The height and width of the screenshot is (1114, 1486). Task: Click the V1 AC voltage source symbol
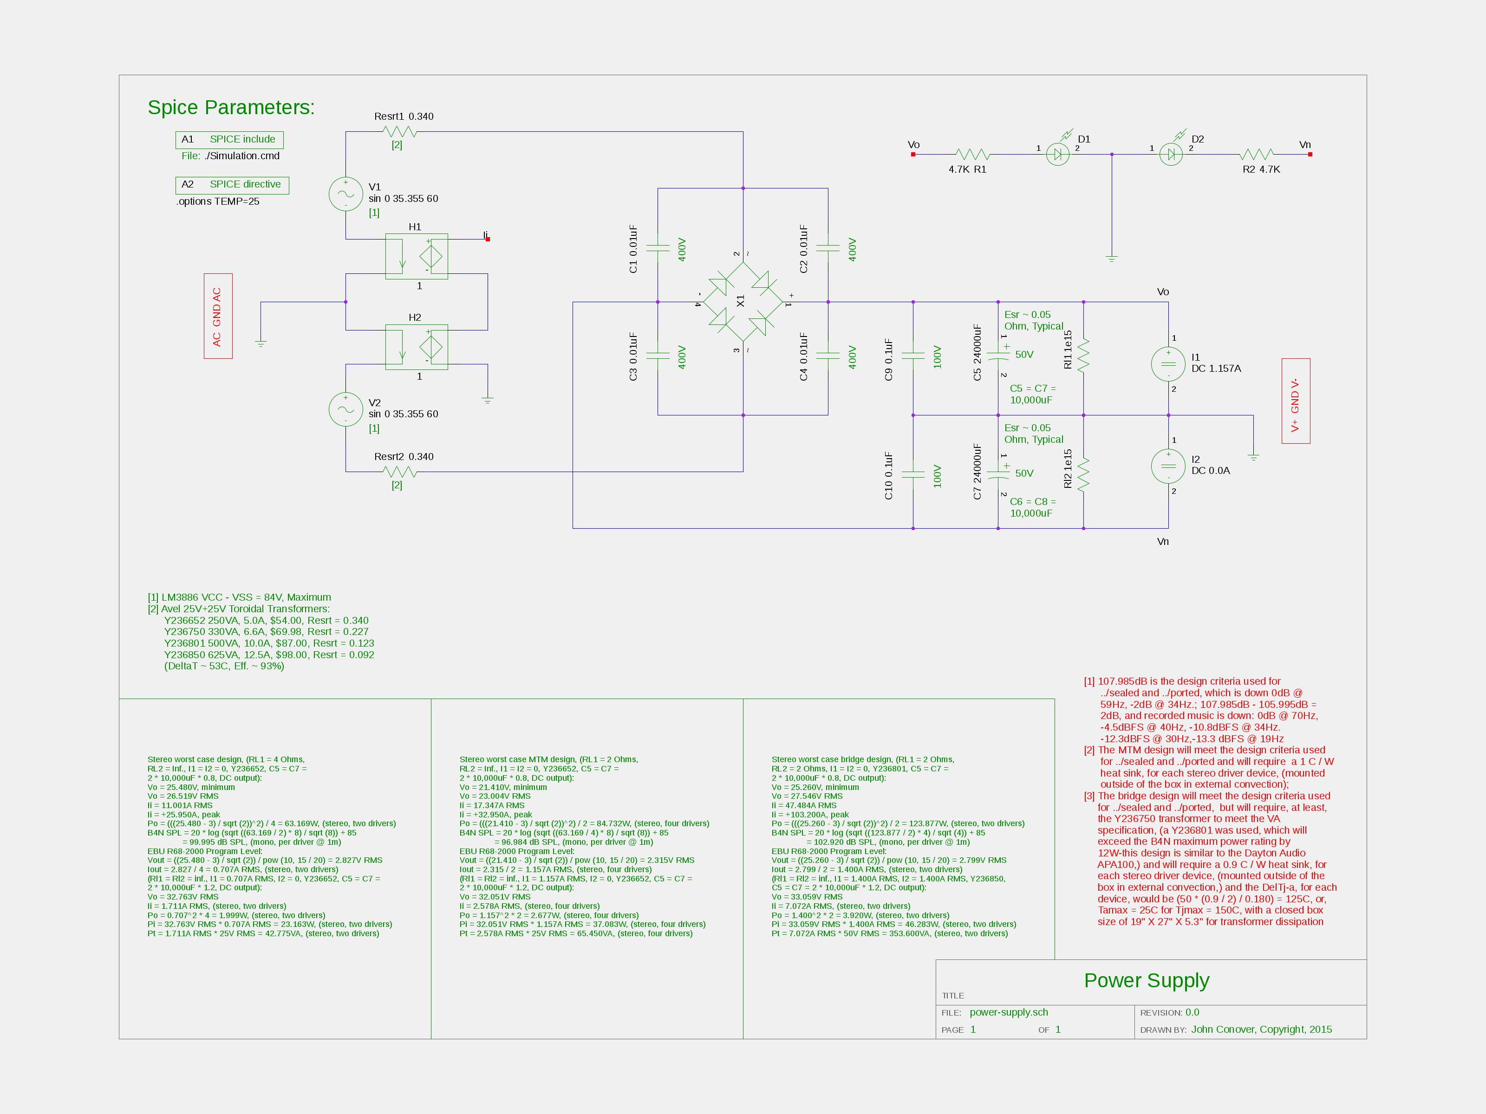click(345, 194)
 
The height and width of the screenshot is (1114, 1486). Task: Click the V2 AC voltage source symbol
click(345, 409)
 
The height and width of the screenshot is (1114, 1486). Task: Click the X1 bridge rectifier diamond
click(743, 302)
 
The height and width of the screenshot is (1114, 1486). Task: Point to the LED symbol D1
click(1057, 155)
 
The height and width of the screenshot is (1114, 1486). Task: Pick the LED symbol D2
click(1171, 155)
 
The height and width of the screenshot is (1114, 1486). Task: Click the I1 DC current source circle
click(1168, 364)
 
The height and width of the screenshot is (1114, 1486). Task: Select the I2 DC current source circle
click(1168, 466)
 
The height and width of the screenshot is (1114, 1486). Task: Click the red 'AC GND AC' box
click(218, 316)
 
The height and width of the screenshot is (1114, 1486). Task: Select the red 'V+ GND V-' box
click(1296, 401)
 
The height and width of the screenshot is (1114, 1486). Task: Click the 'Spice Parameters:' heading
click(231, 107)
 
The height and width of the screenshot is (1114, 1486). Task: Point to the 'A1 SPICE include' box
click(229, 140)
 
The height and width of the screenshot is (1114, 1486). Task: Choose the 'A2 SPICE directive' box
click(232, 185)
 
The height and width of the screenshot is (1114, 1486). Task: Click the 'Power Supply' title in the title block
click(1147, 980)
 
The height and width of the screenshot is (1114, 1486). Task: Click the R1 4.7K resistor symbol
click(971, 155)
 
